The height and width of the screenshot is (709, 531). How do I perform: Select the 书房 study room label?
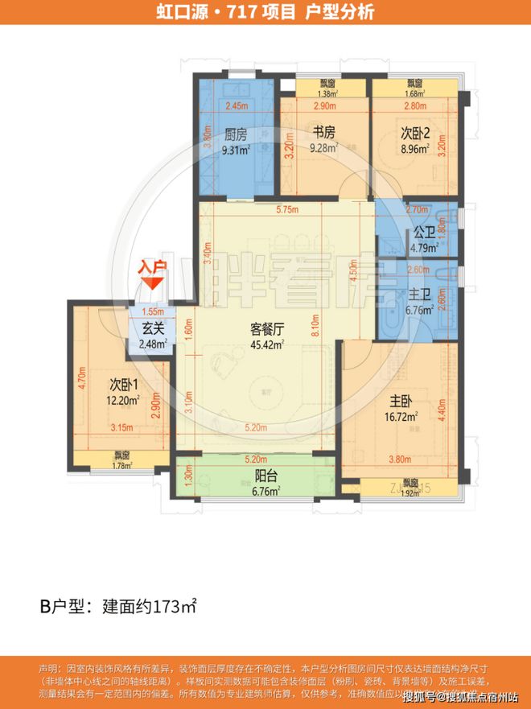tap(322, 134)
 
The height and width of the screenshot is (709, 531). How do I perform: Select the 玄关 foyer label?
tap(154, 328)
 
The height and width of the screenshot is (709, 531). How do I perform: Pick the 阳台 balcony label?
tap(256, 475)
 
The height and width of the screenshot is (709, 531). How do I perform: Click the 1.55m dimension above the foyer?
tap(153, 312)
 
